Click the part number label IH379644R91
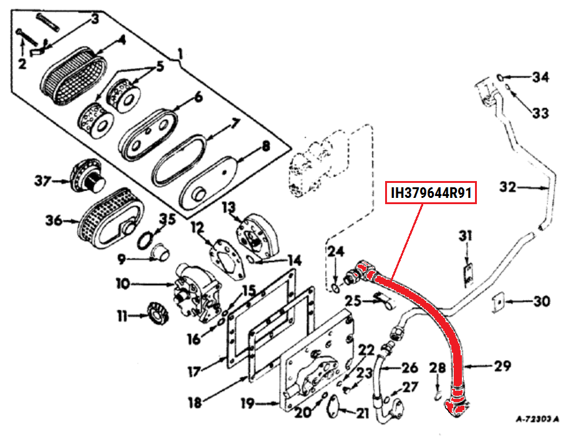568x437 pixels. click(431, 192)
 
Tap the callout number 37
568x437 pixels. click(42, 180)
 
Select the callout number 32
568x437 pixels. click(507, 187)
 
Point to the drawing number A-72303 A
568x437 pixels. click(537, 419)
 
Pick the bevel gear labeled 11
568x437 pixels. click(157, 314)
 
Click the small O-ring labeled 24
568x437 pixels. click(336, 288)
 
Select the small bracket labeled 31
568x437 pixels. click(468, 275)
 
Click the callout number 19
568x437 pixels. click(248, 403)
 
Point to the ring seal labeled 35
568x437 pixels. click(145, 240)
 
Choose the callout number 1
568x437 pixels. click(180, 55)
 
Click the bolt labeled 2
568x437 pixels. click(27, 37)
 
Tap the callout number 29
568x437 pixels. click(502, 366)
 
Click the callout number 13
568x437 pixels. click(228, 208)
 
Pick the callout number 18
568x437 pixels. click(195, 402)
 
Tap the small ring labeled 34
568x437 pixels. click(499, 77)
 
